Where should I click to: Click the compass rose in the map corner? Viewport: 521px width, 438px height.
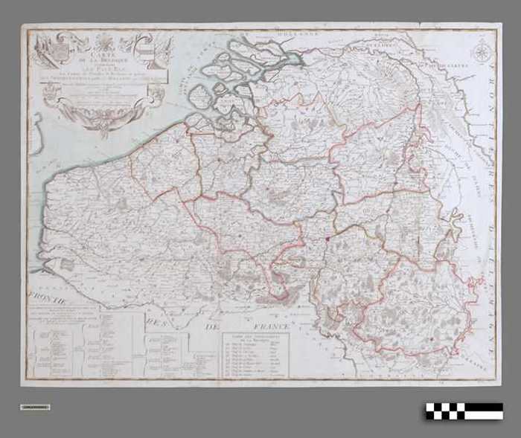coord(482,52)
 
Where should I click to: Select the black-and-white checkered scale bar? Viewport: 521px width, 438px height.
coord(464,410)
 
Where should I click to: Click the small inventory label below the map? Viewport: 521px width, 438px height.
coord(35,407)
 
